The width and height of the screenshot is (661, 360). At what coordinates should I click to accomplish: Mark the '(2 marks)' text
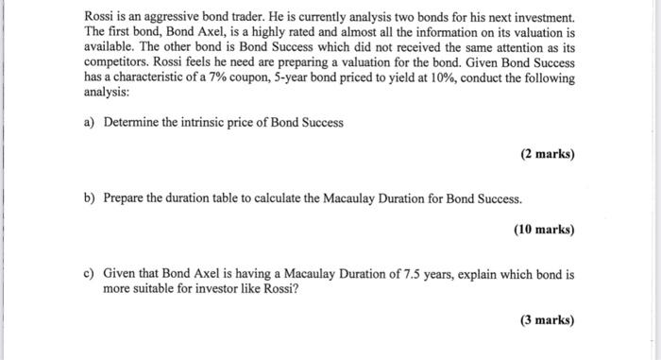(547, 154)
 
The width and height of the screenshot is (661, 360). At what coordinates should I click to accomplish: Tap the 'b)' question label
(91, 199)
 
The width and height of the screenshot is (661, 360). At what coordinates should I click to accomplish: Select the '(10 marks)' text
(544, 230)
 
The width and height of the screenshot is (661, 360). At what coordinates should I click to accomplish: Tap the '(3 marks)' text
(547, 320)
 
